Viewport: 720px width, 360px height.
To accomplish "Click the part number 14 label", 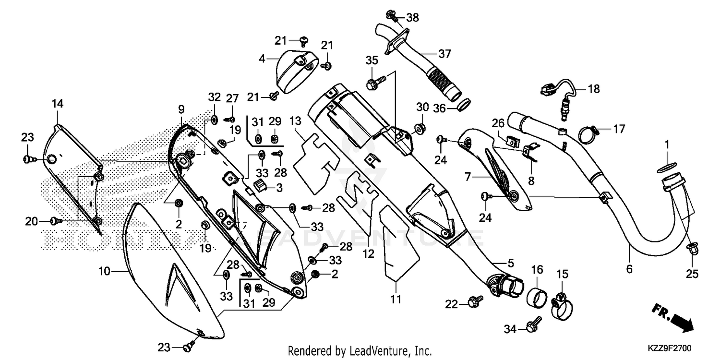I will pos(58,104).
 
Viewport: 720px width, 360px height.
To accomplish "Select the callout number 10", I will pos(105,272).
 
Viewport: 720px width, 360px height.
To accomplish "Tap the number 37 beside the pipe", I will pos(444,54).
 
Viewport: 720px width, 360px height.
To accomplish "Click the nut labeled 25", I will pos(693,249).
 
